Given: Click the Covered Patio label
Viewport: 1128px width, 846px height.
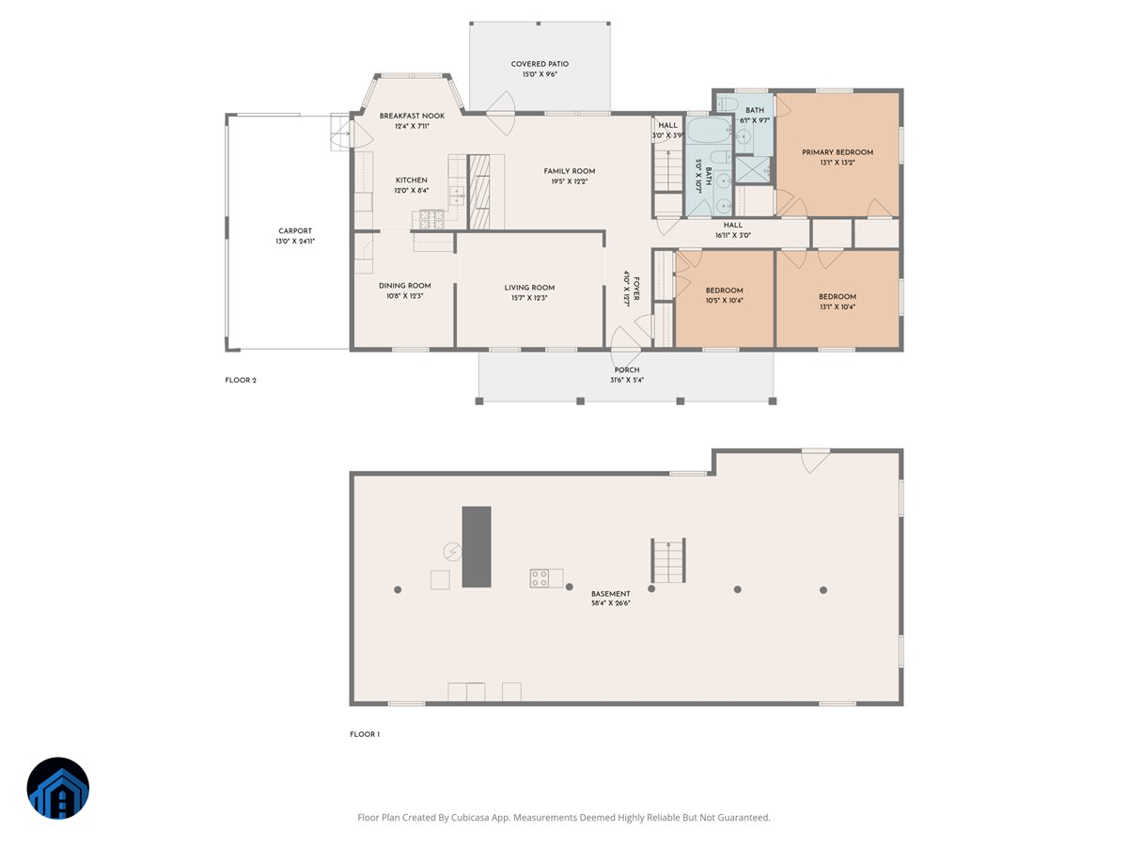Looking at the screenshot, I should coord(540,64).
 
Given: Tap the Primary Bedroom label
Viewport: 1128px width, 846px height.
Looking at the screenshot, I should coord(837,152).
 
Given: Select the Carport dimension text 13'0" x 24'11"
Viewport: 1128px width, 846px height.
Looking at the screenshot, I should coord(294,242).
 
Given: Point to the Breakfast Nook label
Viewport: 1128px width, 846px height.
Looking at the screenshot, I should coord(412,116).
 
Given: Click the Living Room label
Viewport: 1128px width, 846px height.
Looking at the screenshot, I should coord(529,288).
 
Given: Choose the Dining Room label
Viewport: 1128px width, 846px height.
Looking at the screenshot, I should coord(404,286).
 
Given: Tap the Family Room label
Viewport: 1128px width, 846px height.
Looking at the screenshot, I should coord(569,171).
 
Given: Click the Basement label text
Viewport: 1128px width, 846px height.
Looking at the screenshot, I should coord(610,594).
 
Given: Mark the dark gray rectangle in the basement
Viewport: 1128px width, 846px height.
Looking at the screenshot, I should coord(476,547).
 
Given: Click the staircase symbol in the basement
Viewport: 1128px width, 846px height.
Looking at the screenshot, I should coord(668,560).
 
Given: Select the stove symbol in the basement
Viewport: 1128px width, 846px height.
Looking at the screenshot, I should coord(540,578).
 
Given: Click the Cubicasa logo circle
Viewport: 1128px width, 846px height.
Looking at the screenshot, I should coord(58,789).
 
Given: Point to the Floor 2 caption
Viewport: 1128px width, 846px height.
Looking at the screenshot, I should coord(240,381).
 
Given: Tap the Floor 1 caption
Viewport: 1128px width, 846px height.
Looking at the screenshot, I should coord(365,734).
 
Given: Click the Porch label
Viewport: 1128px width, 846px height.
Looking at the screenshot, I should coord(626,370).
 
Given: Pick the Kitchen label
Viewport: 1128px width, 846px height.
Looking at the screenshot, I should coord(411,180).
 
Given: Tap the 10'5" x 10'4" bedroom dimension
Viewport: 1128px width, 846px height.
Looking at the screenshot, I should coord(724,301).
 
